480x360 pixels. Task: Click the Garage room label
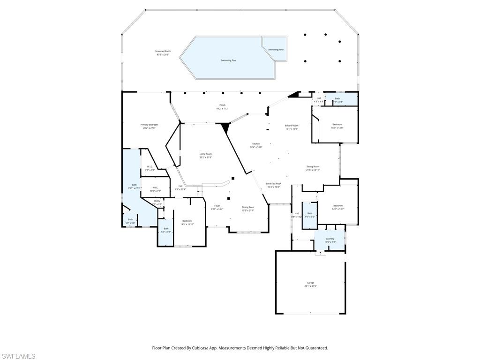pos(310,283)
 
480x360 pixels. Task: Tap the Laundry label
pos(330,239)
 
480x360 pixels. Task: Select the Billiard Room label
pos(292,126)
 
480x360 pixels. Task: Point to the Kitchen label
pos(256,144)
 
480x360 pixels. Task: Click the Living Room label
pos(206,154)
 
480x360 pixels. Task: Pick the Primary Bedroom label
pos(150,125)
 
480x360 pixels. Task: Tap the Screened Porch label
pos(163,51)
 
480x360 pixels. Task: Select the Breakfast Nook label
pos(273,184)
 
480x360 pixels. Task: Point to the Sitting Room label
pos(313,166)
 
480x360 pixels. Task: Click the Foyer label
pos(217,206)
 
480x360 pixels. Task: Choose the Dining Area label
pos(248,207)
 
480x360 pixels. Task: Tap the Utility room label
pos(157,201)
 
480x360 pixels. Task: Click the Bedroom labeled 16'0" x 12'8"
pos(337,124)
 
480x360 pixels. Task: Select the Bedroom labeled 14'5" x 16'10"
pos(187,221)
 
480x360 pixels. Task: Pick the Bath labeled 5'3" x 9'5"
pos(166,229)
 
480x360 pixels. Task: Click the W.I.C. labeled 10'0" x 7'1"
pos(155,187)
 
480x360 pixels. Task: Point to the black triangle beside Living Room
pos(225,127)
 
